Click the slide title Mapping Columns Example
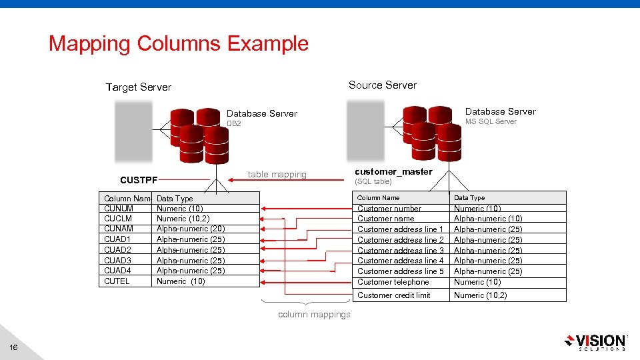179,44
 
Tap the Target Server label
139,87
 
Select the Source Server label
383,85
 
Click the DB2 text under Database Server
234,124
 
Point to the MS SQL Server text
491,121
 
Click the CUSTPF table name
139,180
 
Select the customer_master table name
393,172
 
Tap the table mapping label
277,175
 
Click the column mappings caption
314,315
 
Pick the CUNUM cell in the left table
119,209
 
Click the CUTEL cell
117,281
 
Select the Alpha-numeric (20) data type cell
191,229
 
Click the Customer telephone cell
393,282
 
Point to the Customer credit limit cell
394,295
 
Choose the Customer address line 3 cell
401,250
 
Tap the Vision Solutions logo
595,341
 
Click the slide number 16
14,347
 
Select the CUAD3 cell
118,261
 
